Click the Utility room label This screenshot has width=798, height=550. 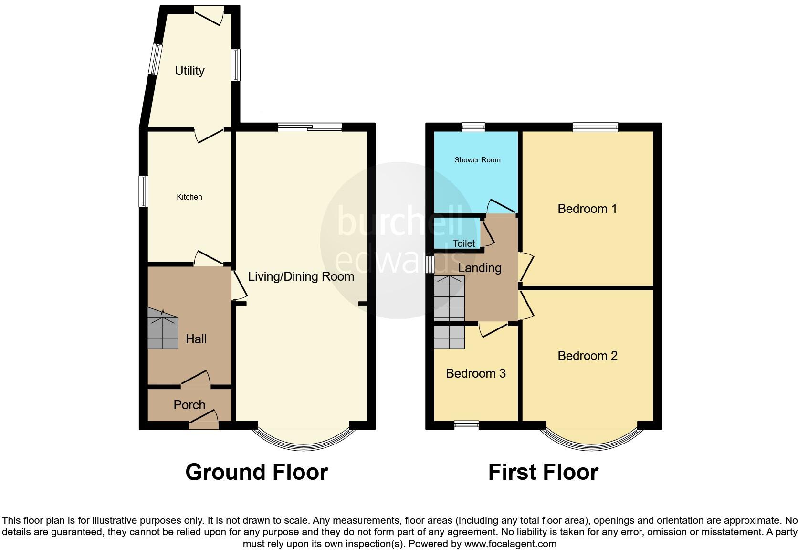(189, 71)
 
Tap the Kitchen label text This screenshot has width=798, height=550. (189, 197)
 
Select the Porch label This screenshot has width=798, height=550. (189, 405)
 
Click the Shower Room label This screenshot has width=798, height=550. (477, 160)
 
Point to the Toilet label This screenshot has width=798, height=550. (463, 243)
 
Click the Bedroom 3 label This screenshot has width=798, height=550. (476, 373)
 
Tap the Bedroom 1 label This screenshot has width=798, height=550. (587, 209)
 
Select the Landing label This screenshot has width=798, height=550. (479, 268)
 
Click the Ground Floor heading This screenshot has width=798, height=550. (256, 472)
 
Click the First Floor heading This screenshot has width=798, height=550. (543, 472)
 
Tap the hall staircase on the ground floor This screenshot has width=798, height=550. (162, 329)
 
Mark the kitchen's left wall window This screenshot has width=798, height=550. (143, 191)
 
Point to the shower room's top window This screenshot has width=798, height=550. (473, 127)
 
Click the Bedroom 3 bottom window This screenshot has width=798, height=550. (466, 425)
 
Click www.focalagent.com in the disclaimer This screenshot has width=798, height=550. (510, 544)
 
